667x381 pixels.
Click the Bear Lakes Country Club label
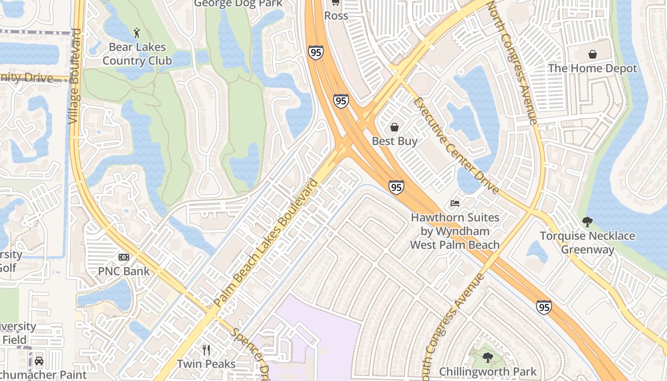click(x=137, y=54)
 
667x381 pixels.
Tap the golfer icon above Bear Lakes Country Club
click(x=137, y=33)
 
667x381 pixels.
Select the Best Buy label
click(x=394, y=141)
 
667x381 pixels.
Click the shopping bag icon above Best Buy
click(x=394, y=127)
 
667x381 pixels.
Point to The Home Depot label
click(x=592, y=68)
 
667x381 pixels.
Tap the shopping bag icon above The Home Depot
click(x=592, y=54)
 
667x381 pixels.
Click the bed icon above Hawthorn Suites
click(x=455, y=203)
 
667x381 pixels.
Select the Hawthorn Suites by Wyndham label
click(x=455, y=231)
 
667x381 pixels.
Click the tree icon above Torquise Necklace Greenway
click(x=587, y=221)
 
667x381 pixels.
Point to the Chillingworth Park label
click(x=488, y=371)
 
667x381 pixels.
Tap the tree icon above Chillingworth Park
click(x=487, y=357)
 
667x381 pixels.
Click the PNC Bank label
click(x=124, y=271)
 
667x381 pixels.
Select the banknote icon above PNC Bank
click(x=124, y=257)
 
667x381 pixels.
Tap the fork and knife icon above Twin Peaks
click(x=206, y=350)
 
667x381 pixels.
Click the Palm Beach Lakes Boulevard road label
click(x=266, y=243)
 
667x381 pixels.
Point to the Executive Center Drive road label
click(x=456, y=146)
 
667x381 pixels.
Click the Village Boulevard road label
click(x=75, y=76)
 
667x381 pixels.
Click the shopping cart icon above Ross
click(x=335, y=2)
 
